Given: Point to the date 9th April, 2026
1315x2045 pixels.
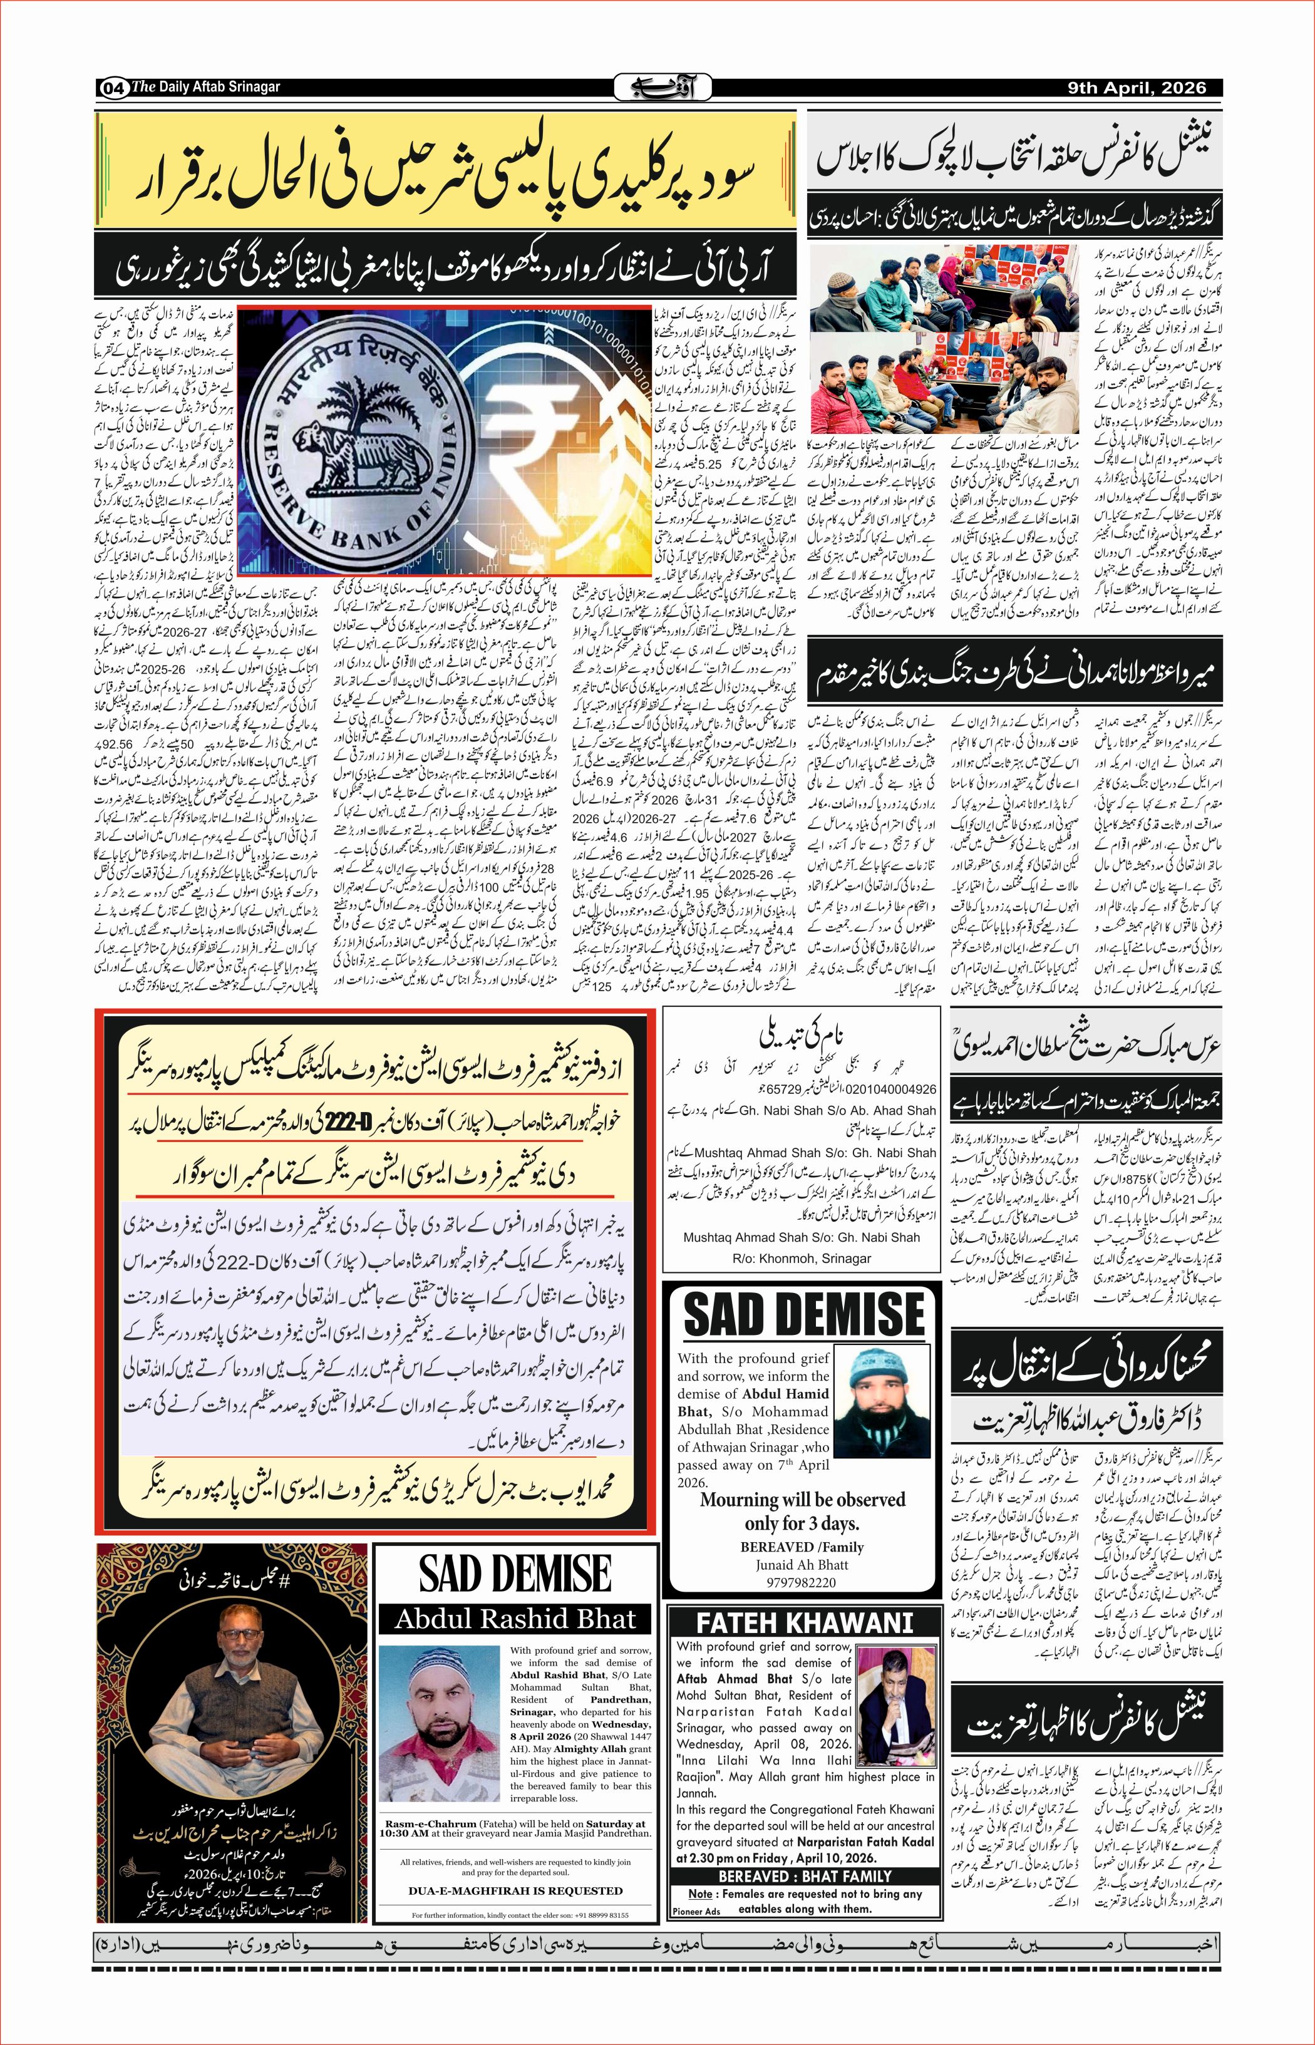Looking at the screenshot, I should [1137, 88].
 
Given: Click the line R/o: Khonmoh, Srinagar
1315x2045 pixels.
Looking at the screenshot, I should [801, 1258].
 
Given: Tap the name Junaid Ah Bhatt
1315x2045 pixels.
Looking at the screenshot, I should [802, 1564].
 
